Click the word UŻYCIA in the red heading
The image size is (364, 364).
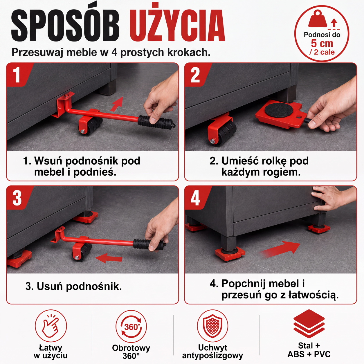[177, 23]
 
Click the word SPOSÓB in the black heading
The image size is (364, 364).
[65, 24]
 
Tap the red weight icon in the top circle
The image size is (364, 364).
[318, 19]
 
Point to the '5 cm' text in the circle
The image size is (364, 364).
[322, 44]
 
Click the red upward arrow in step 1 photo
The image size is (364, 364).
[117, 104]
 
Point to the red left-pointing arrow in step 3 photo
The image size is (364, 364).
[109, 258]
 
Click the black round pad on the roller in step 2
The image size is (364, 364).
[278, 110]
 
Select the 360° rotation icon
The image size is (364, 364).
[131, 327]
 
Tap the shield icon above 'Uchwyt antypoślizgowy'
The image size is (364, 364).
[213, 326]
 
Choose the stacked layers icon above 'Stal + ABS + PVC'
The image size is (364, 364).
[309, 324]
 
